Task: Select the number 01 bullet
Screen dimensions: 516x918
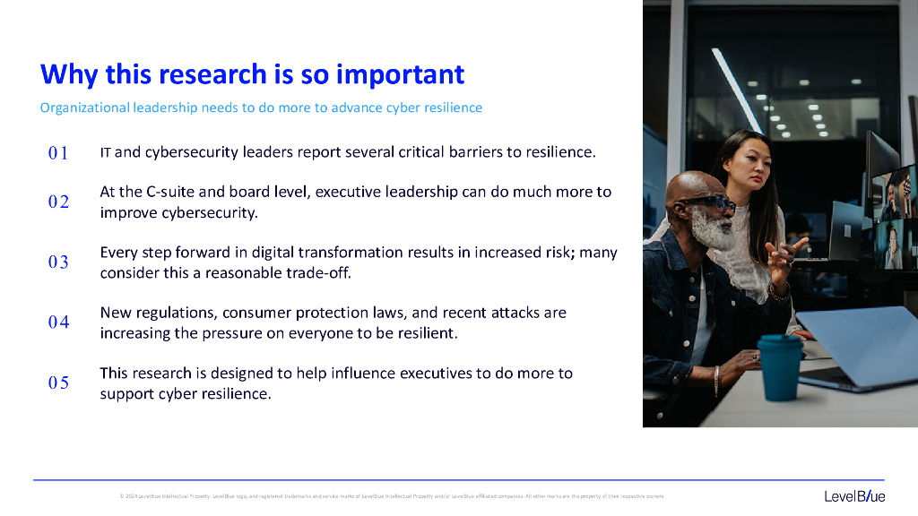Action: coord(58,153)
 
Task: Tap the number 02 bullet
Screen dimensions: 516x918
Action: coord(58,202)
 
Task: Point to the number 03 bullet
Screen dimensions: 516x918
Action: coord(58,262)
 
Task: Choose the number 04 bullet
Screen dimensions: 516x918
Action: coord(58,322)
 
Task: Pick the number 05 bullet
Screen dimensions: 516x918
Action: coord(58,383)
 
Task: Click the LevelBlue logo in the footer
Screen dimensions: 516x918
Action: coord(854,496)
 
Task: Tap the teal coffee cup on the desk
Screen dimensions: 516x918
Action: coord(779,366)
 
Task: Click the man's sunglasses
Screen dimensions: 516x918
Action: coord(713,203)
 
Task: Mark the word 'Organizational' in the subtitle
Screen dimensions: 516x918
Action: coord(84,107)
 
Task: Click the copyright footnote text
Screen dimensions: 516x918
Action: coord(392,496)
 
